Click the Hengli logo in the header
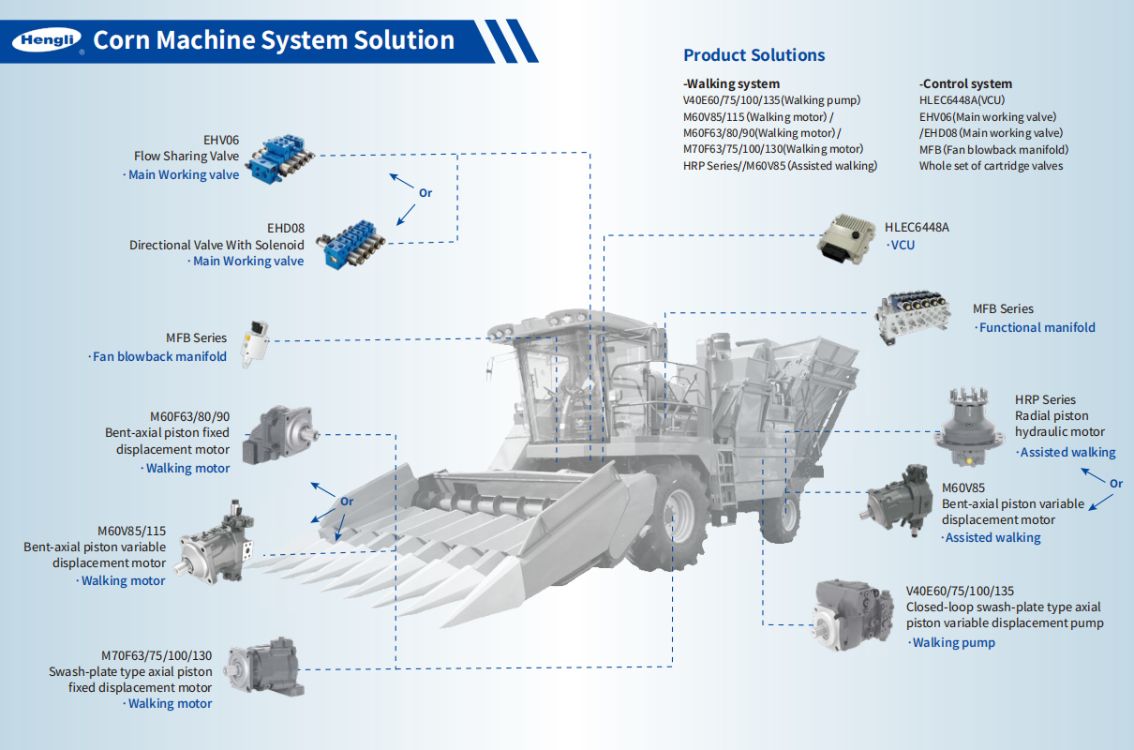coord(47,40)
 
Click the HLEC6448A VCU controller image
coord(846,235)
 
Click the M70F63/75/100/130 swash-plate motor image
coord(264,667)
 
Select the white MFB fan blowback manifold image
coord(255,341)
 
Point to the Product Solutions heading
coord(754,55)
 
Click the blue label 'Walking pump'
coord(953,643)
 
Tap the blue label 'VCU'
coord(902,246)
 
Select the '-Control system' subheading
coord(965,83)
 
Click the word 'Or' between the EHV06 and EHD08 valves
coord(425,192)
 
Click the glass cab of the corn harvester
coord(553,384)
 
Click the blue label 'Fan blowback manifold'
coord(160,357)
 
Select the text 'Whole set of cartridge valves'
coord(991,166)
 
